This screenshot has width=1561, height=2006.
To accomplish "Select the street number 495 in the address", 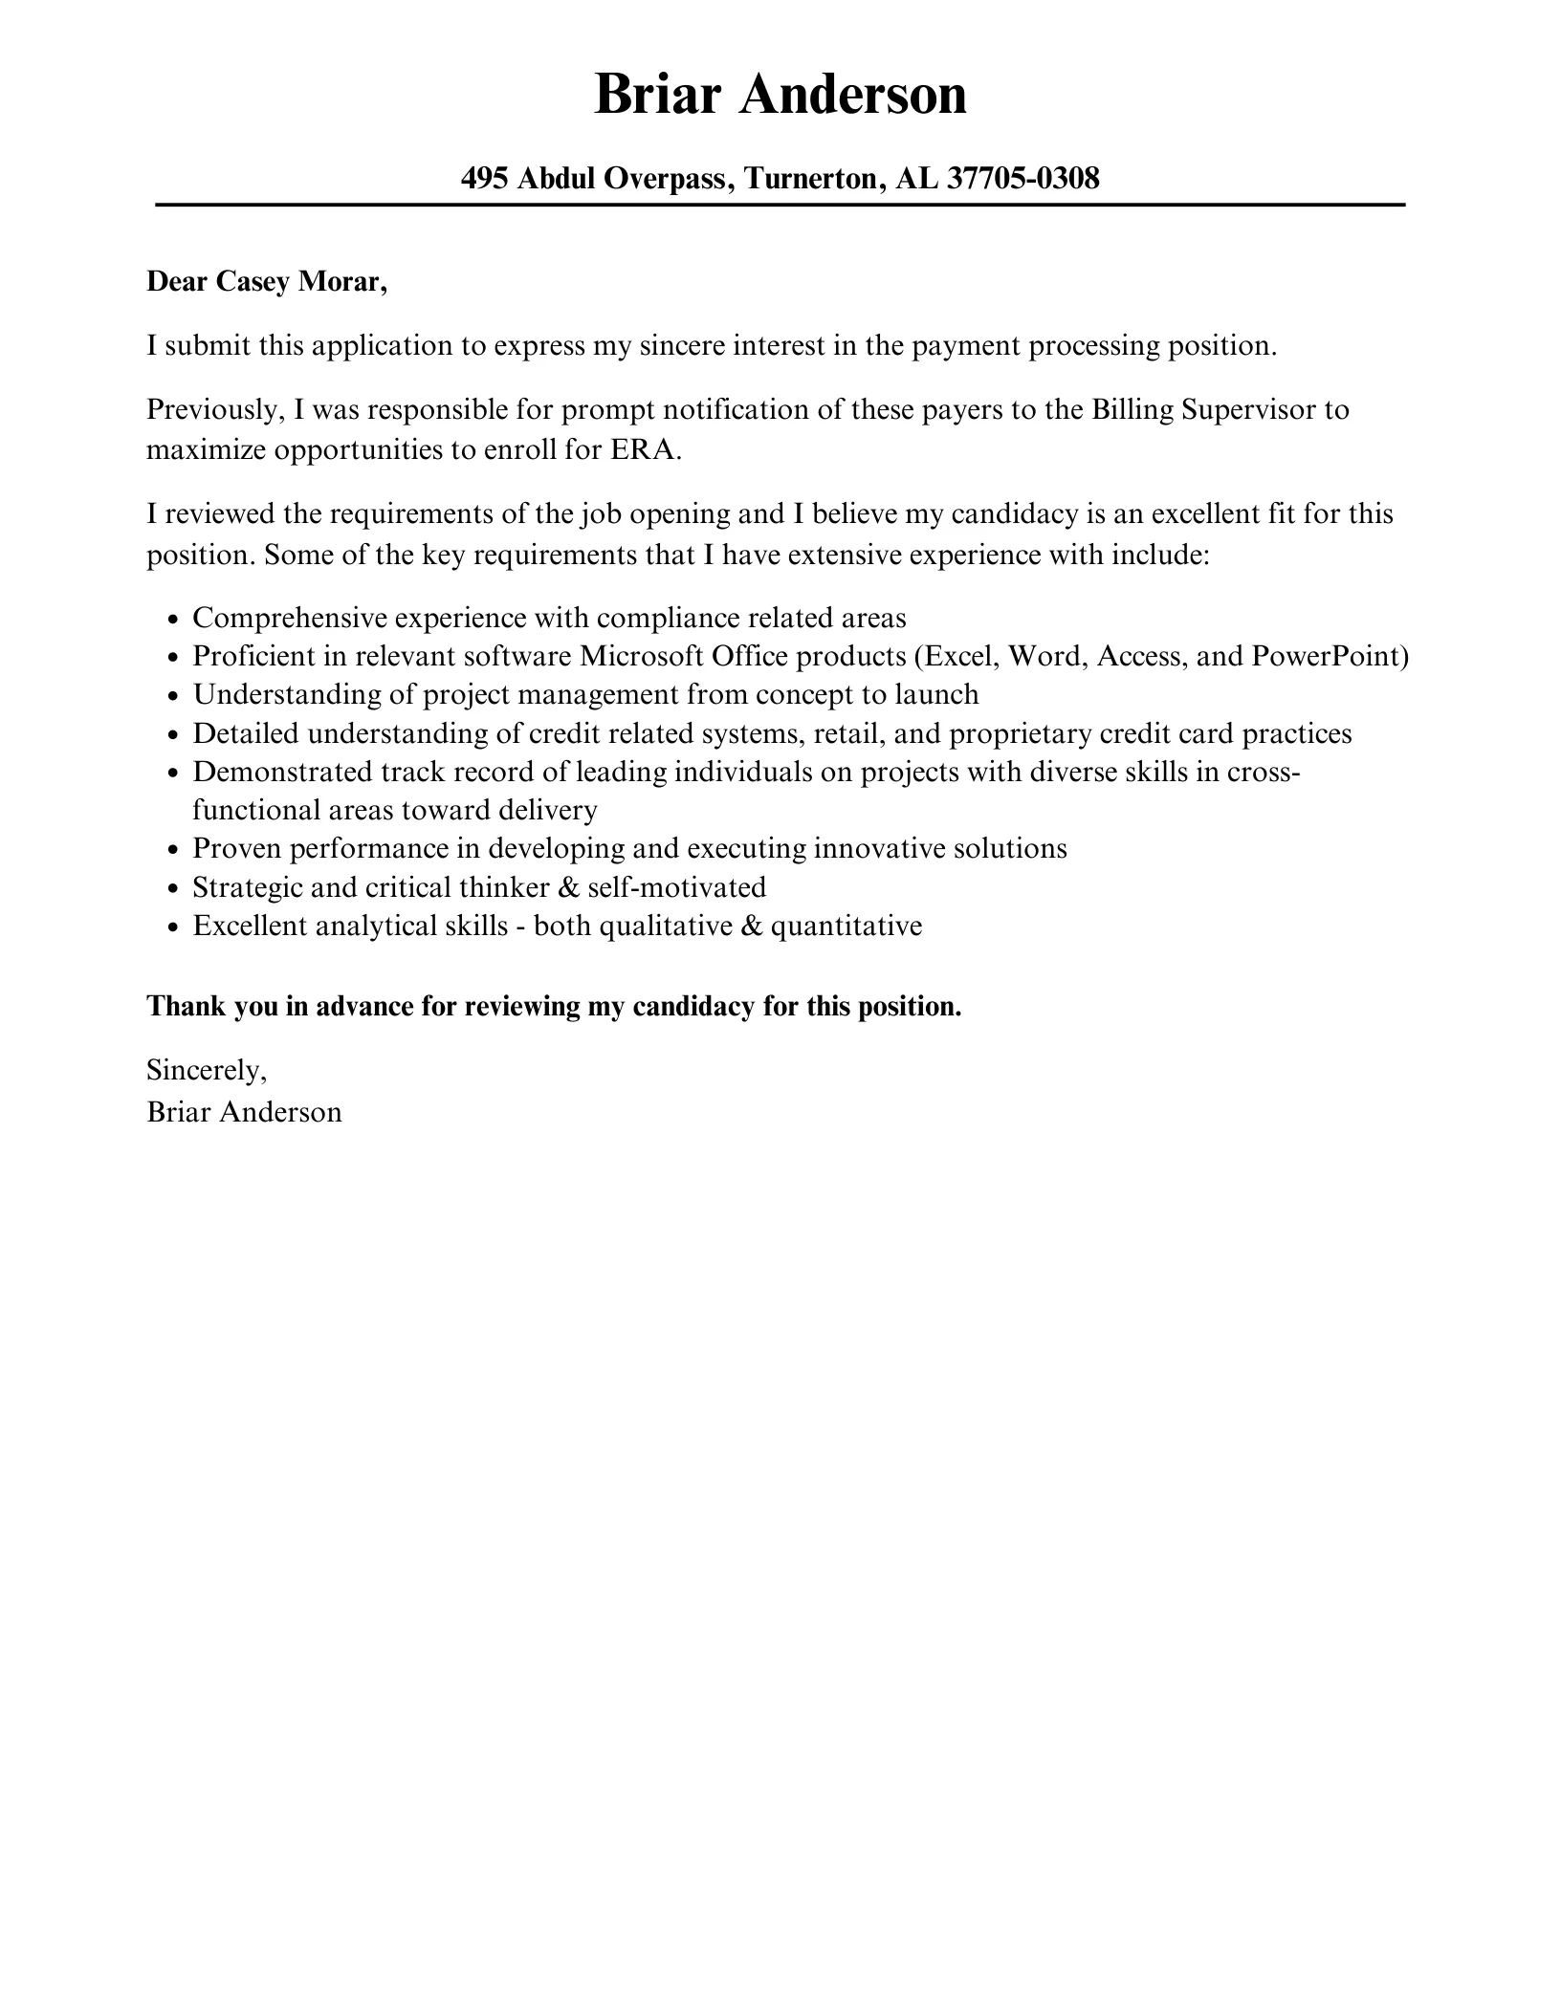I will click(x=484, y=178).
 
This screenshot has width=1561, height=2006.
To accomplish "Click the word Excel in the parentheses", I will click(x=963, y=656).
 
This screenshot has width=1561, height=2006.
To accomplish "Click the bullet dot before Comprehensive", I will click(x=173, y=620).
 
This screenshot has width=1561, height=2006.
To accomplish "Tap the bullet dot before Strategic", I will click(x=173, y=889).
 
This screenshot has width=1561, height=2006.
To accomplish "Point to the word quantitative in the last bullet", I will click(x=846, y=926).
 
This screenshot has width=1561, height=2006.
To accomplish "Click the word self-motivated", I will click(x=676, y=887).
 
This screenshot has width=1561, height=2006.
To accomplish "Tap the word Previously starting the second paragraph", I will click(x=215, y=409).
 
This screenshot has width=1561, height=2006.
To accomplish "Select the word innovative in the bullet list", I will click(x=880, y=848).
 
